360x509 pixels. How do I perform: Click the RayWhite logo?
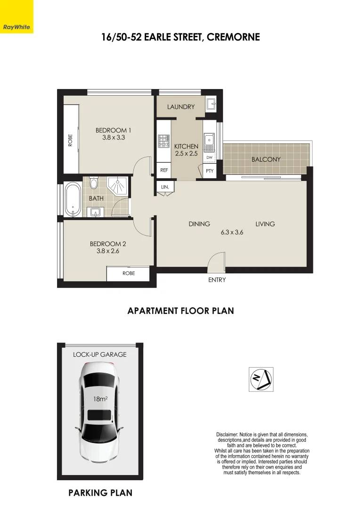tap(16, 27)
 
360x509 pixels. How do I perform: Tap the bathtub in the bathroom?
tap(73, 199)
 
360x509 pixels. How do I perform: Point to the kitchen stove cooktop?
tap(163, 140)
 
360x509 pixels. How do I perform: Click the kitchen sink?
tap(209, 140)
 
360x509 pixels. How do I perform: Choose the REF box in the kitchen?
tap(164, 171)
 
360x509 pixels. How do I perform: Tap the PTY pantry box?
tap(210, 171)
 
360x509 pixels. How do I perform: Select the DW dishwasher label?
tap(210, 157)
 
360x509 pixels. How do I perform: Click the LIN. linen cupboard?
tap(165, 187)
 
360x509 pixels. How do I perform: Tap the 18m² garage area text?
tap(100, 399)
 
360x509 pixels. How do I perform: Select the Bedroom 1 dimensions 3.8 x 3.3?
tap(113, 138)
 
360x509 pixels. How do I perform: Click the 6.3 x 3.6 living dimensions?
tap(232, 232)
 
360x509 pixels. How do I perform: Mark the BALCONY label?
tap(266, 159)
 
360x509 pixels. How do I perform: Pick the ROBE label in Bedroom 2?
tap(129, 273)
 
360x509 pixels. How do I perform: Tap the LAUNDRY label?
tap(180, 107)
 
